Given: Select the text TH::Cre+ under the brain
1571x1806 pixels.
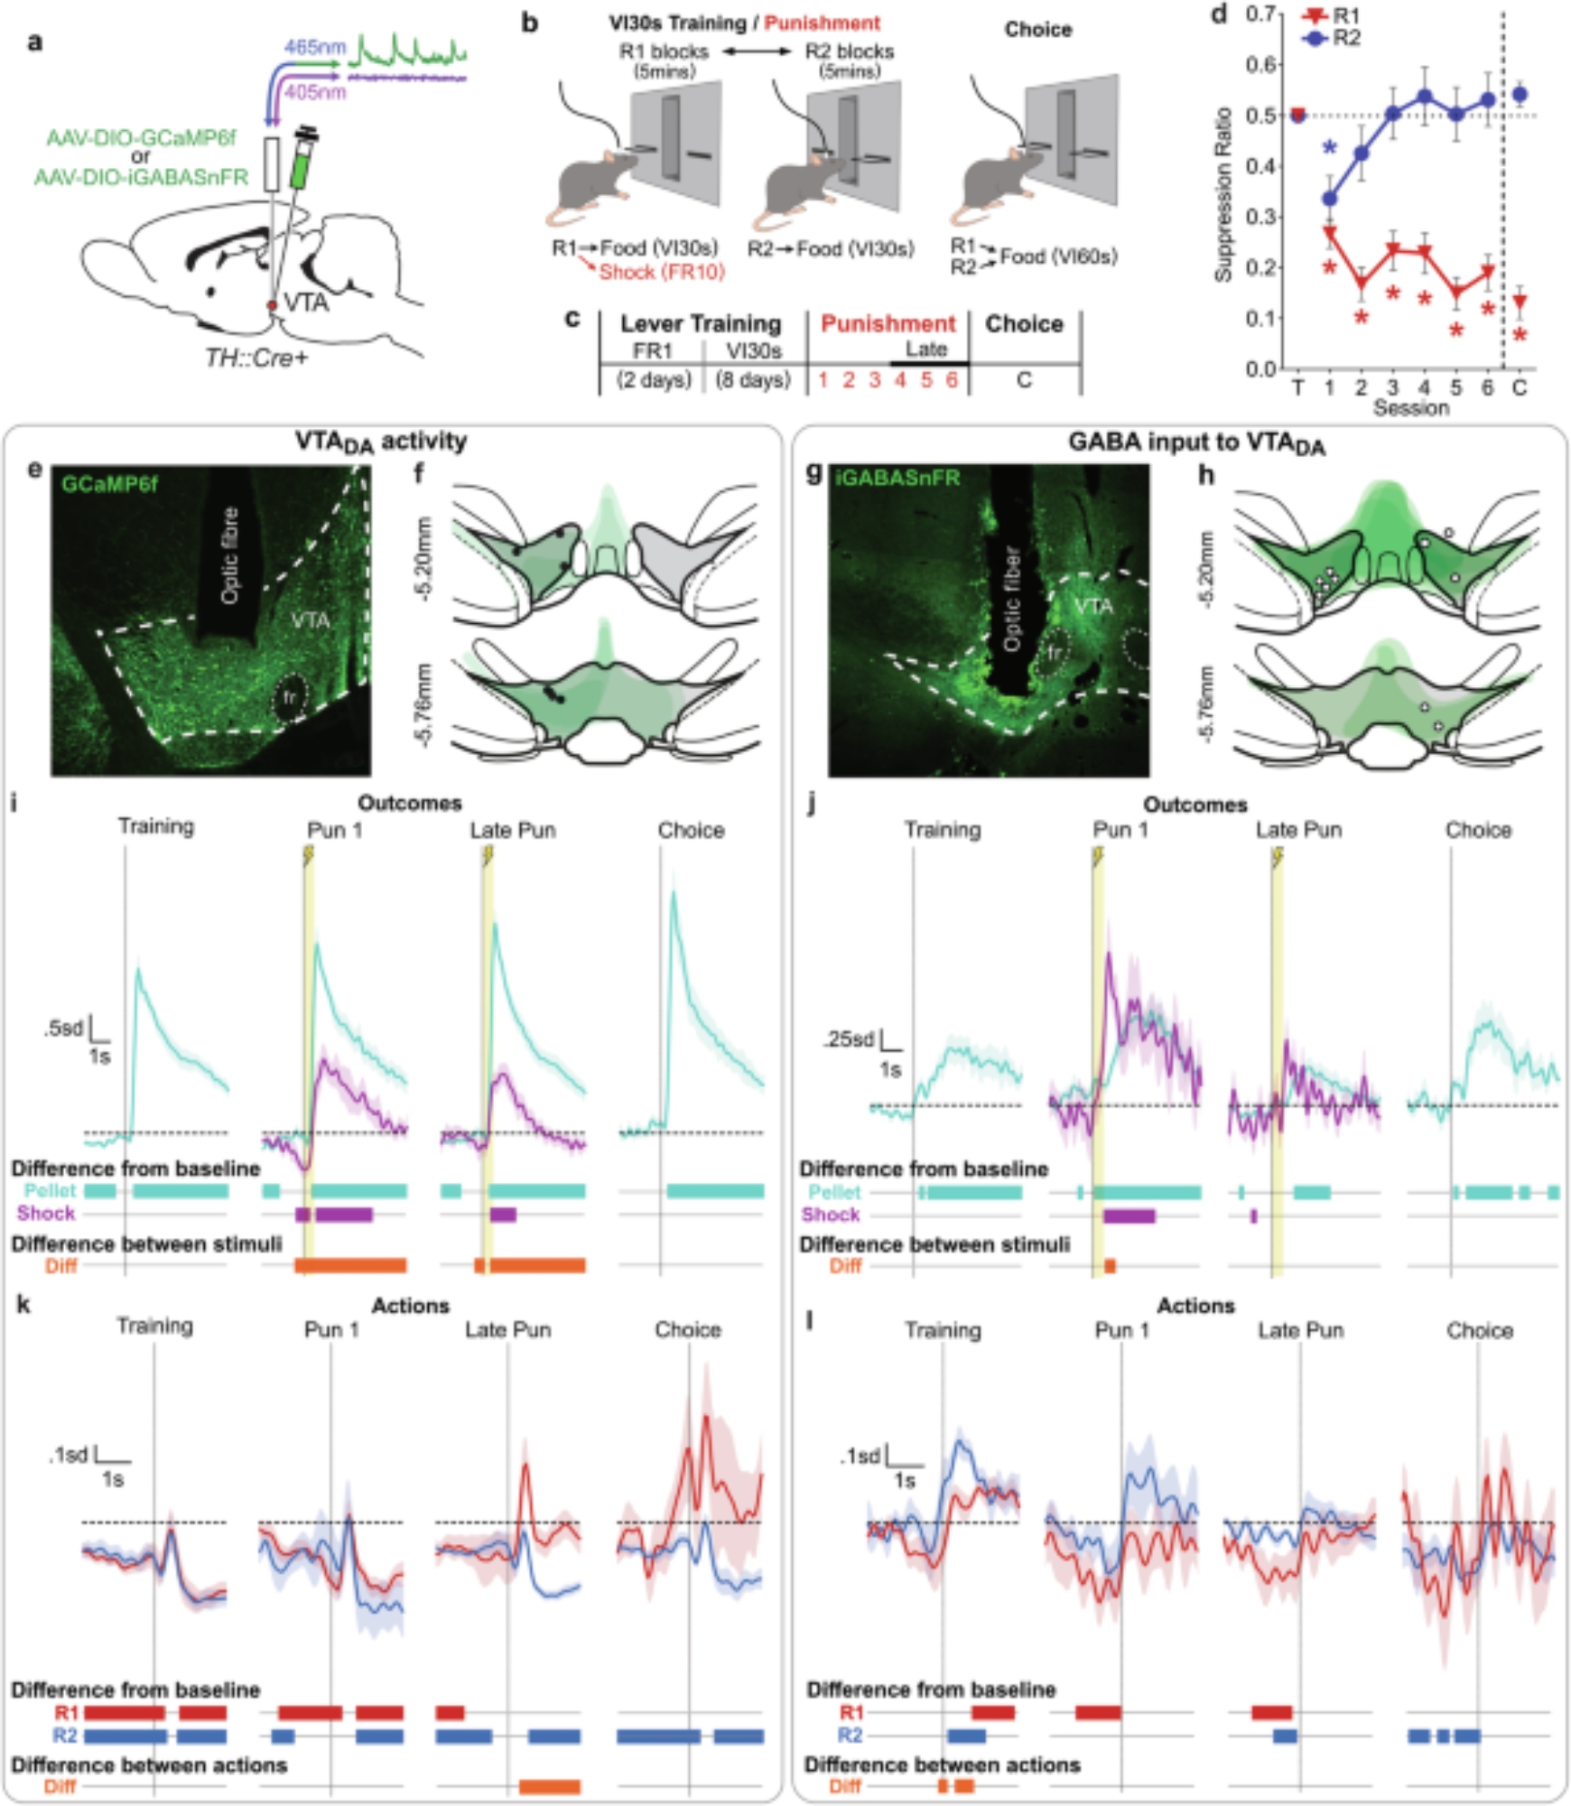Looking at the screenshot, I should [256, 358].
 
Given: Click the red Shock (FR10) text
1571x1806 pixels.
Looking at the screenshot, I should [662, 272].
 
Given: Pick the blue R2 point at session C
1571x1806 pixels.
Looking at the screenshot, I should [1520, 94].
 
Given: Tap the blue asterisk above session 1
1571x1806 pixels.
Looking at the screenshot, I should [1329, 150].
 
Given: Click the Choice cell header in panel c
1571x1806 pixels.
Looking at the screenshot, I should [1024, 324].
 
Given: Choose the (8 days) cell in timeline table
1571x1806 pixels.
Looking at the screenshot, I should [753, 380].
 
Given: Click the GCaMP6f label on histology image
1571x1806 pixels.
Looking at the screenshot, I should [109, 484].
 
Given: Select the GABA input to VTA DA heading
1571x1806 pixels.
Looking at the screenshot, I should [1195, 442].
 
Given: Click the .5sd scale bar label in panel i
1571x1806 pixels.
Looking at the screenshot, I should [63, 1028].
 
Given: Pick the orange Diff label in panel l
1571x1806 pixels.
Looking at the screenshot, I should [845, 1786].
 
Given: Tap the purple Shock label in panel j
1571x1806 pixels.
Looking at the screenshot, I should [830, 1215].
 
